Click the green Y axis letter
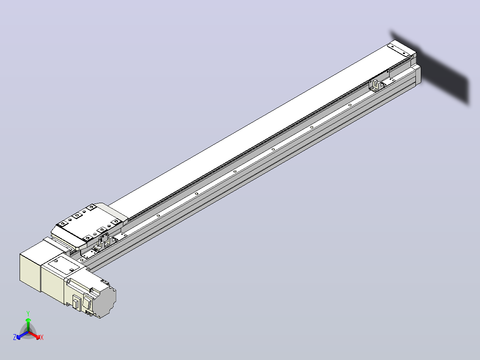(28, 313)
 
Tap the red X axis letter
(42, 337)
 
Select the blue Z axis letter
(14, 337)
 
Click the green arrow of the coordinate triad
(28, 324)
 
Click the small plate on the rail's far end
(399, 50)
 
